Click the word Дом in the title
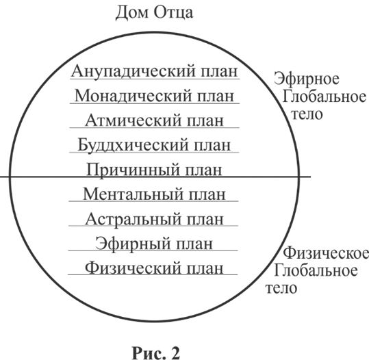(131, 13)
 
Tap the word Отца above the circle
(174, 13)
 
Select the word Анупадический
(133, 71)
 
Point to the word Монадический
(133, 96)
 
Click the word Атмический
(133, 120)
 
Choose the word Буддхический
(133, 145)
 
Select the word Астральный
(133, 219)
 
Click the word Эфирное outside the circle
(307, 79)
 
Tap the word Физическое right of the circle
(326, 253)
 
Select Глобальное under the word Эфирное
(325, 97)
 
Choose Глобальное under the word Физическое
(316, 270)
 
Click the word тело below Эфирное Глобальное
(307, 114)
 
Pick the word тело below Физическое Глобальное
(281, 288)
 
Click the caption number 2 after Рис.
(174, 352)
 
